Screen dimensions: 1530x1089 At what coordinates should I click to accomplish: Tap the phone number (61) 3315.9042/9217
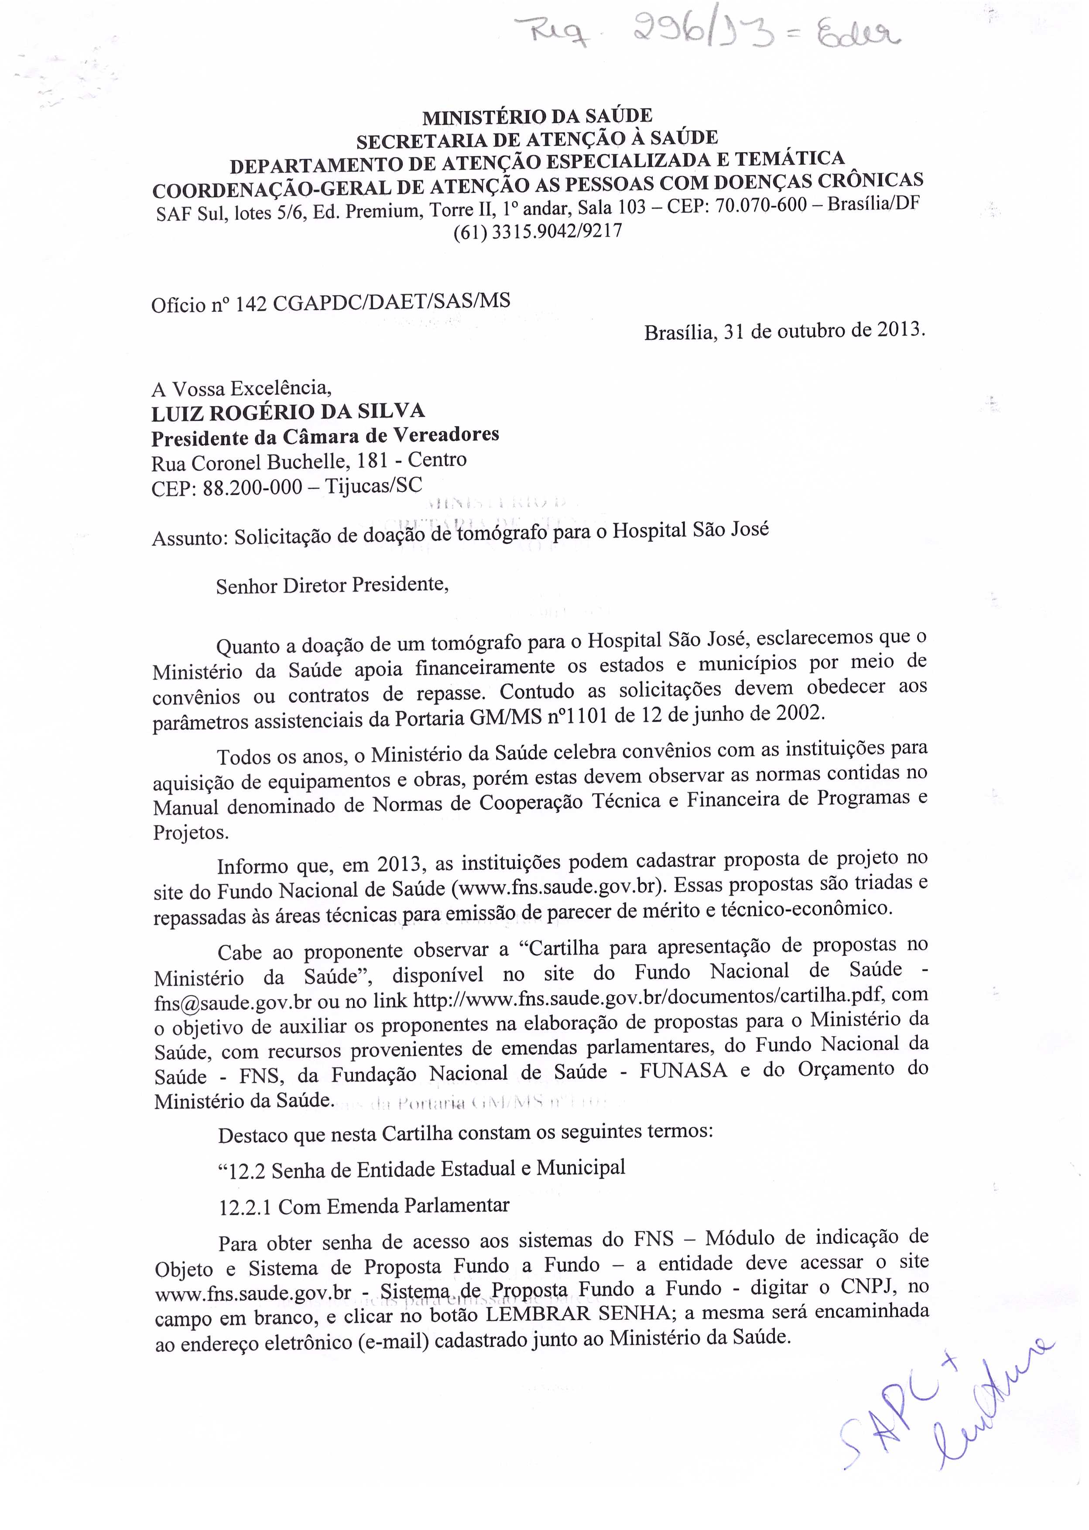pos(538,232)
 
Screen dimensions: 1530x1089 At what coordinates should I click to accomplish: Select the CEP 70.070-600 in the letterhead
pos(760,205)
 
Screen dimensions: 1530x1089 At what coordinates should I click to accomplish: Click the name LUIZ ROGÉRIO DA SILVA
pos(288,412)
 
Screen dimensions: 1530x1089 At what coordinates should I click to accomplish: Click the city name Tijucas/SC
pos(373,486)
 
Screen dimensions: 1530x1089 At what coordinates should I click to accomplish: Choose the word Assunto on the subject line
pos(189,538)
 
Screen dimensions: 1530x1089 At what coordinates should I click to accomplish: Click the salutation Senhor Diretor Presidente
pos(331,585)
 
